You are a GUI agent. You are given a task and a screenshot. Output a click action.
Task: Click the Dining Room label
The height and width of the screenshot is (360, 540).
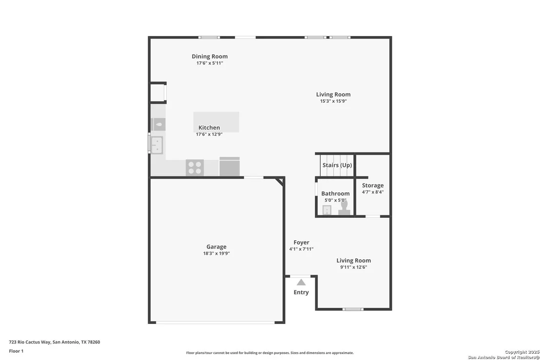coord(210,57)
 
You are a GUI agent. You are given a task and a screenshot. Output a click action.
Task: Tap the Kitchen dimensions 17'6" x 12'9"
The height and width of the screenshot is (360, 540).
coord(209,134)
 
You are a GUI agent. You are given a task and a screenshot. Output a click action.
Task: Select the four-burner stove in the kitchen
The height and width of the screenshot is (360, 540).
coord(194,168)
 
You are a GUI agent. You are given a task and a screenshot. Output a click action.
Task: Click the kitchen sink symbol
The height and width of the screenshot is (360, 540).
coord(157,145)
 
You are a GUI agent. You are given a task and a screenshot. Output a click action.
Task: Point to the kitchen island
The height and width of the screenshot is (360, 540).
coord(216,122)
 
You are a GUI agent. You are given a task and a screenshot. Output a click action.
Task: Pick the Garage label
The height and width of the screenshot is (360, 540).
coord(216,247)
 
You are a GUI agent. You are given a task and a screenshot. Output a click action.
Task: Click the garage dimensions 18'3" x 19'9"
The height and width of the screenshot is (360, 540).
coord(216,253)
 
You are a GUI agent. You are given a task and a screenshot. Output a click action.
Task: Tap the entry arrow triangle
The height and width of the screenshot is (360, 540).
coord(301,283)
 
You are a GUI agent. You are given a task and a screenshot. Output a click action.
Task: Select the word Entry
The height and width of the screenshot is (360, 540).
coord(301,292)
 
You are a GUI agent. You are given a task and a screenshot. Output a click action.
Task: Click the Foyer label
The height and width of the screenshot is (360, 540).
coord(301,242)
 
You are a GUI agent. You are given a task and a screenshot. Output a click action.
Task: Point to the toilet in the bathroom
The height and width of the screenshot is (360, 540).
coord(344,208)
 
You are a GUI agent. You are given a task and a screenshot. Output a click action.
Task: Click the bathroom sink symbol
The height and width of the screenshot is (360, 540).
coord(327,210)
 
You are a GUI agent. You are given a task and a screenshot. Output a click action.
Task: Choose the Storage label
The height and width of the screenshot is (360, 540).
coord(373,186)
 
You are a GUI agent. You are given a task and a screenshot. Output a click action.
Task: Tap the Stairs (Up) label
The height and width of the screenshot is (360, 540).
coord(337,165)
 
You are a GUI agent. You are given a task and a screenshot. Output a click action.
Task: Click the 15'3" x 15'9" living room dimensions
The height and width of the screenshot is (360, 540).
coord(333,101)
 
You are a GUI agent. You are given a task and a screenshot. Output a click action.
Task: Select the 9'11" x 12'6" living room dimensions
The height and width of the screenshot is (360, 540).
coord(354,267)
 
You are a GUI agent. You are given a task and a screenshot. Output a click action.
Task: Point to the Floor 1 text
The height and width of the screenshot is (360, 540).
coord(16,351)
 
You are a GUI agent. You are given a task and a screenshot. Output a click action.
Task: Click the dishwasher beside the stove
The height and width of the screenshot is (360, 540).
coord(230,167)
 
